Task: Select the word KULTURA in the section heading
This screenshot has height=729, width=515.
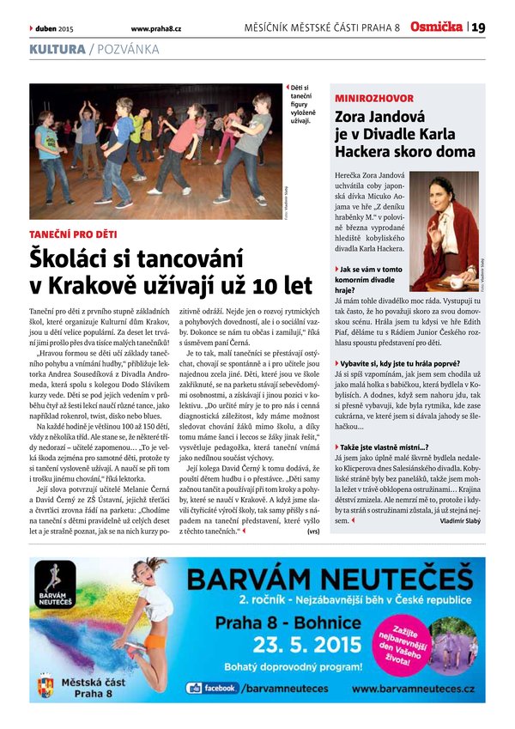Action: point(57,49)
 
